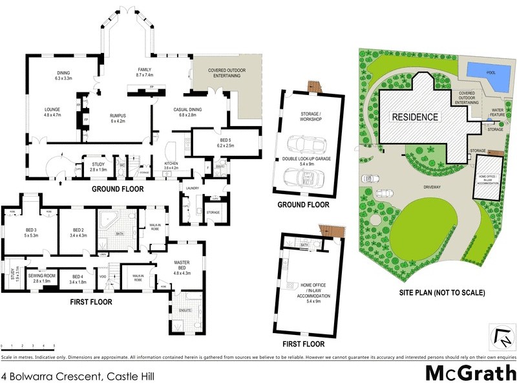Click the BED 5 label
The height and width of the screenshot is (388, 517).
click(226, 143)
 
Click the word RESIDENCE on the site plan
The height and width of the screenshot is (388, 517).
click(414, 118)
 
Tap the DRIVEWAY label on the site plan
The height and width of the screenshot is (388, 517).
click(431, 188)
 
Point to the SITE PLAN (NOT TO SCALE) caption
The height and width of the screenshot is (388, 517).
click(441, 292)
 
